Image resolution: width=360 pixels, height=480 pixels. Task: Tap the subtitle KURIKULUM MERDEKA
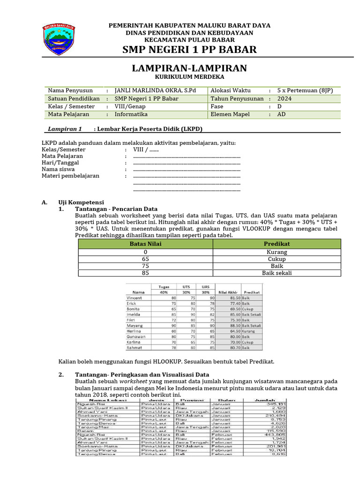tap(189, 76)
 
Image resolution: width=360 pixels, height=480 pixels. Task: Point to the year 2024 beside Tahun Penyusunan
tap(284, 98)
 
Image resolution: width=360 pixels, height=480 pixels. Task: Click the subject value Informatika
tap(131, 114)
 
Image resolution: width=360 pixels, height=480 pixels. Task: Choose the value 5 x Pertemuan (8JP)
tap(305, 90)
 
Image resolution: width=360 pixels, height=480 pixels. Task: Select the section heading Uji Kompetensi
tap(77, 202)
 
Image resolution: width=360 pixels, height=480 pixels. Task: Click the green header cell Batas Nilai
tap(145, 244)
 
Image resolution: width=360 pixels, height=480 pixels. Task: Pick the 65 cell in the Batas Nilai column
tap(145, 259)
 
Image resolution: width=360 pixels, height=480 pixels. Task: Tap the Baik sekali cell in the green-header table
tap(277, 273)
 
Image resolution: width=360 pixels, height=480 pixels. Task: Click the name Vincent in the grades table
tap(135, 298)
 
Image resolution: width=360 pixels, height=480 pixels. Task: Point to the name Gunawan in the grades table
tap(136, 337)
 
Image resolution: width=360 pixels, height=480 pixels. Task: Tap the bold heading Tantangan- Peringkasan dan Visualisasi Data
tap(142, 375)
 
